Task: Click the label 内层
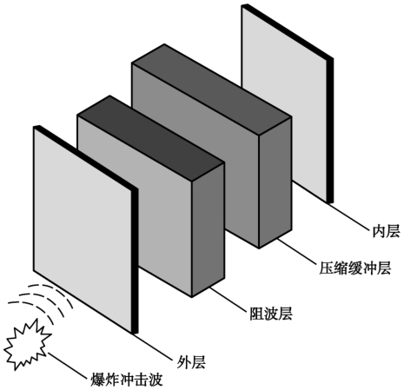[386, 231]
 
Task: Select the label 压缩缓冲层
[355, 268]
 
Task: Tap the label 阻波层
[271, 314]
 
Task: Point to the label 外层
[191, 362]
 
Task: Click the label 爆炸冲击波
[127, 380]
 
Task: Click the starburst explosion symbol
[28, 345]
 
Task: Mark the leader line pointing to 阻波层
[228, 300]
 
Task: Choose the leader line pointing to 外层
[154, 347]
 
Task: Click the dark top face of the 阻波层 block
[150, 129]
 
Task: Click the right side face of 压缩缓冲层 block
[275, 183]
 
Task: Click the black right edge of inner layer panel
[330, 130]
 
